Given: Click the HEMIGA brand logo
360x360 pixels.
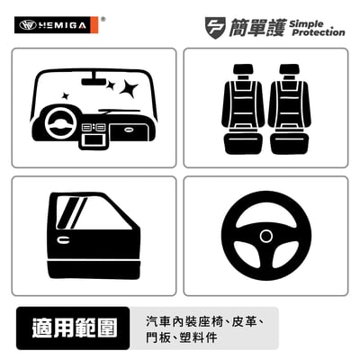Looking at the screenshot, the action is tap(57, 25).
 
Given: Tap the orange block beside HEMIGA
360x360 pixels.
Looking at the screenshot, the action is tap(94, 25).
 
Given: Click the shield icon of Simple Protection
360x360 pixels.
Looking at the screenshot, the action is tap(215, 27).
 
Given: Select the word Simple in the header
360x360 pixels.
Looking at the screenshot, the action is tap(306, 24).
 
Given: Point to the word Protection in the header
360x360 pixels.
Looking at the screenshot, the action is tap(319, 32).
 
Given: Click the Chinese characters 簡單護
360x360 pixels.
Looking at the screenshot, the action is tap(256, 28).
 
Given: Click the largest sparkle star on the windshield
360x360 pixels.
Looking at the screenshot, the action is tap(129, 88).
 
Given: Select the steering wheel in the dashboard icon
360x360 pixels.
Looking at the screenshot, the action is tap(60, 123).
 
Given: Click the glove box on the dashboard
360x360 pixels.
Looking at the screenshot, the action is tap(129, 130).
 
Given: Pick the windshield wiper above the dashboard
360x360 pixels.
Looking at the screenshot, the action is tap(120, 111).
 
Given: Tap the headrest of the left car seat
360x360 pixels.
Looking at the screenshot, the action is tap(243, 69).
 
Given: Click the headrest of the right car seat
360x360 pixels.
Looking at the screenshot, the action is tap(290, 69).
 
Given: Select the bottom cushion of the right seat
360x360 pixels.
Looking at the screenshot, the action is tap(290, 143).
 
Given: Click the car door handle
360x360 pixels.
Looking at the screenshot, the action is tap(63, 240).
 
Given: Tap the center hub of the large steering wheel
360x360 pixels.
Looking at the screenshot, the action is tap(266, 236).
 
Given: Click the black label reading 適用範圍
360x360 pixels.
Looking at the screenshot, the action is tap(73, 328).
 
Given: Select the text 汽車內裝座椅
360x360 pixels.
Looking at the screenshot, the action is tap(184, 321).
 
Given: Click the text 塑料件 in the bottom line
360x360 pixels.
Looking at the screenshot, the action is tap(198, 337).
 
